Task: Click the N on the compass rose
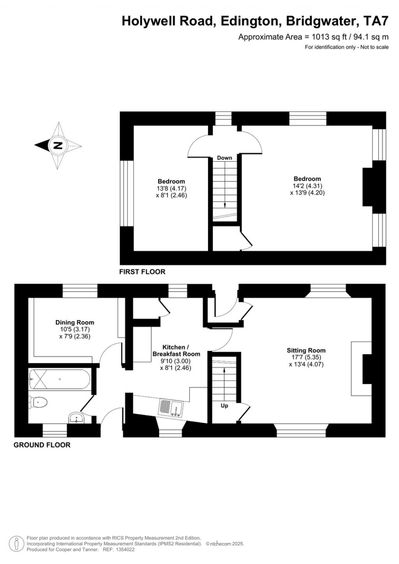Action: [x=58, y=146]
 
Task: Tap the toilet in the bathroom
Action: [x=38, y=402]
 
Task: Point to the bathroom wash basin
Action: [x=77, y=418]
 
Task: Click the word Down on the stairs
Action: [x=224, y=158]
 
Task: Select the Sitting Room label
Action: [x=306, y=350]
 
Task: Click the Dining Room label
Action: [x=75, y=322]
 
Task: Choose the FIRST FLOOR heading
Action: [x=142, y=271]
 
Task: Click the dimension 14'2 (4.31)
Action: [x=307, y=186]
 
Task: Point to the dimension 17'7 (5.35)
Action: [x=306, y=357]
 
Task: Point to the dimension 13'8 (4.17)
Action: [x=171, y=189]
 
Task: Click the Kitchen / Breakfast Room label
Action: [x=177, y=351]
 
